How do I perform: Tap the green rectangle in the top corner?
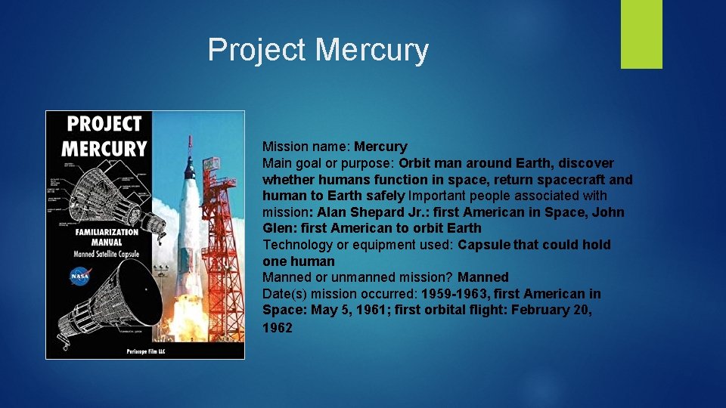point(641,34)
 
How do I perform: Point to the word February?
point(541,310)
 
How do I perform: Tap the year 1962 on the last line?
point(277,327)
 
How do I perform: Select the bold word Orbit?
point(415,163)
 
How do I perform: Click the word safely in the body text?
point(386,196)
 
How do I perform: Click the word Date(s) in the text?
point(282,294)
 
